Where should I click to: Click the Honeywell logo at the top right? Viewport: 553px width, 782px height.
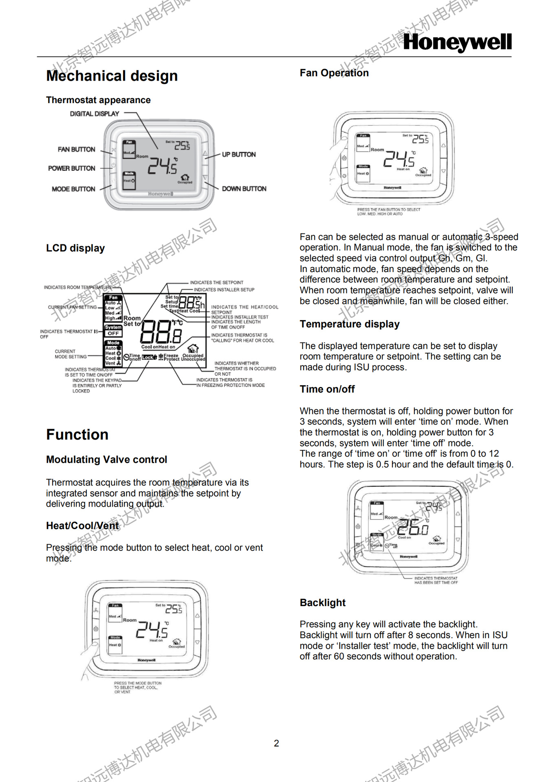coord(457,42)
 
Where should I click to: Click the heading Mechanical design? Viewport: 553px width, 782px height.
coord(112,76)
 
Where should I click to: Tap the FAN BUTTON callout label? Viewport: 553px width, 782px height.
coord(76,149)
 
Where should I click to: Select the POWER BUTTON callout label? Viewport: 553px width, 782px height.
coord(72,168)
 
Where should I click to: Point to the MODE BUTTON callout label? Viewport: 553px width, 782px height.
coord(73,189)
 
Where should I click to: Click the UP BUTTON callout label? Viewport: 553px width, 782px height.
coord(239,154)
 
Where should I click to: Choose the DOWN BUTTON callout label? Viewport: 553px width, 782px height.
coord(244,189)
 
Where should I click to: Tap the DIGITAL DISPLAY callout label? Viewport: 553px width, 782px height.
coord(95,114)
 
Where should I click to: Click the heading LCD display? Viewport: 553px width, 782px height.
coord(75,248)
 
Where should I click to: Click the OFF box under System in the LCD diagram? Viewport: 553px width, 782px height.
coord(113,333)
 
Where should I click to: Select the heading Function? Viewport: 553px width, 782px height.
coord(77,435)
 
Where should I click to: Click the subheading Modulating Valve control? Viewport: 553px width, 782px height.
coord(106,459)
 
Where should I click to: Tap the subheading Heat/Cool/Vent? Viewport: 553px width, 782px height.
coord(82,525)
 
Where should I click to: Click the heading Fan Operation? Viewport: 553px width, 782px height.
coord(334,73)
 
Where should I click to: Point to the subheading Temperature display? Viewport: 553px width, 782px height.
coord(350,324)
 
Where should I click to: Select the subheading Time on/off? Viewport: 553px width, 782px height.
coord(327,389)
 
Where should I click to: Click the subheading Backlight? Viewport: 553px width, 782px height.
coord(323,602)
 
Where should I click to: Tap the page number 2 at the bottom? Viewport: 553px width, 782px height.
coord(276,743)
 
